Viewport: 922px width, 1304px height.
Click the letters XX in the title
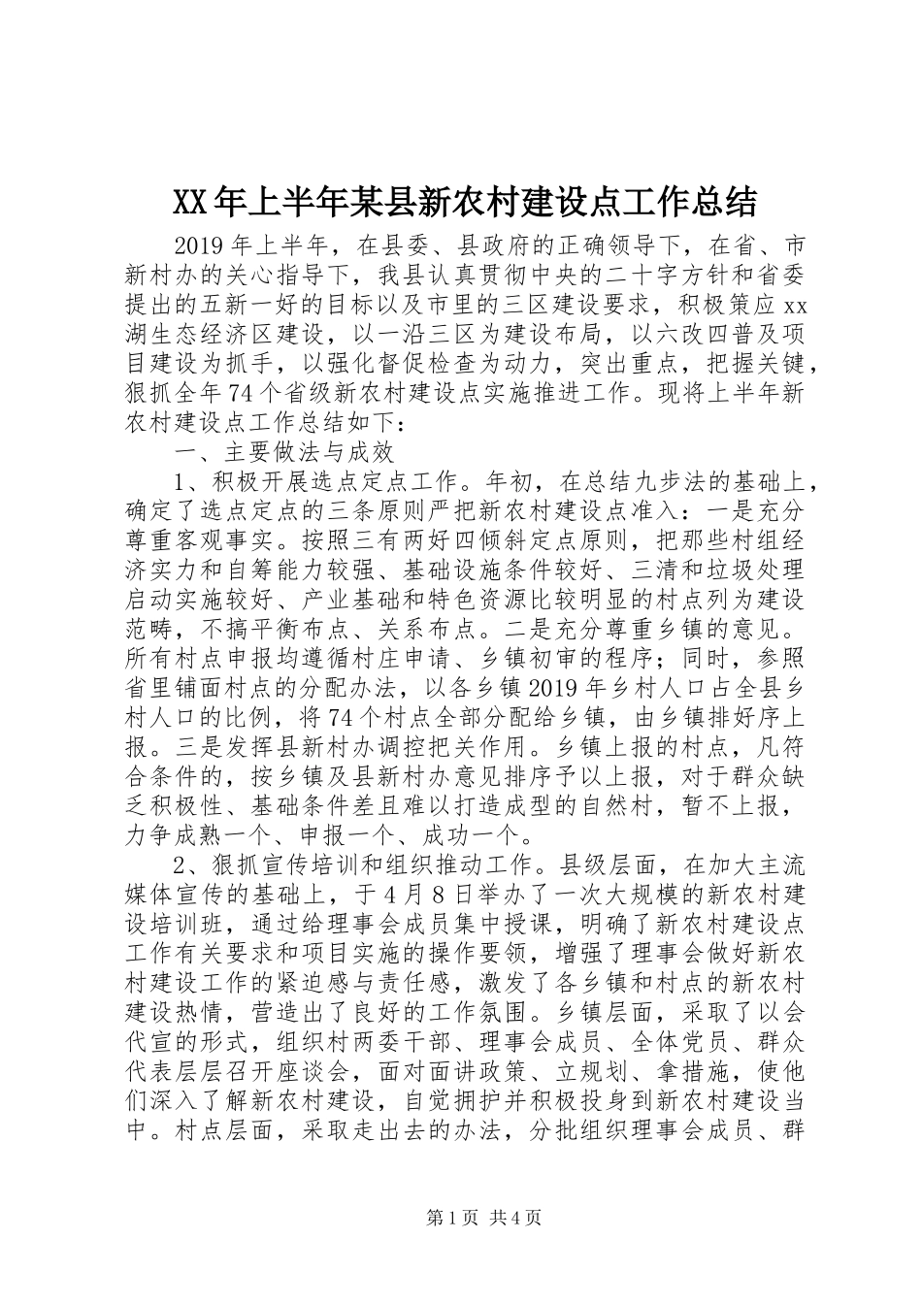[190, 201]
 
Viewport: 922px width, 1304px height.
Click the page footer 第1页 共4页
[460, 1246]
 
